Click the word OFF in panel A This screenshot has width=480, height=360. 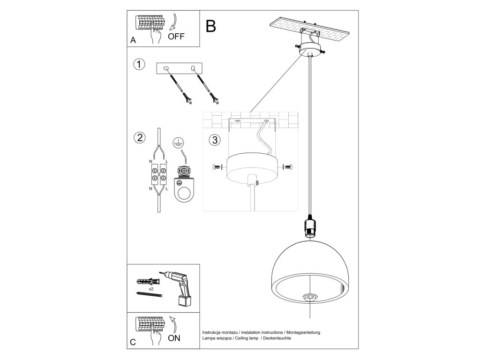(177, 37)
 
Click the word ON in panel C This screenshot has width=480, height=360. (174, 337)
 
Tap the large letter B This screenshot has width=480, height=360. (211, 26)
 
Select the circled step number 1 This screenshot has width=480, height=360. (138, 64)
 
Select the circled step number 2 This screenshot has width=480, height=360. (139, 138)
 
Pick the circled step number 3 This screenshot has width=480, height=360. (214, 140)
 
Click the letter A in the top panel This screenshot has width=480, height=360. (133, 41)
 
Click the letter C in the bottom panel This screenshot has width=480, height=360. (133, 342)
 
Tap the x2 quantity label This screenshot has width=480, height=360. (151, 290)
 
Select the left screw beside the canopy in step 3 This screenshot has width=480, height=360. (216, 166)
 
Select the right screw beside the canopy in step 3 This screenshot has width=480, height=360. (288, 166)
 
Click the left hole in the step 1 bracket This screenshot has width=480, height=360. (165, 69)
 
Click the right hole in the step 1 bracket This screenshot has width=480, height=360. (193, 69)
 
